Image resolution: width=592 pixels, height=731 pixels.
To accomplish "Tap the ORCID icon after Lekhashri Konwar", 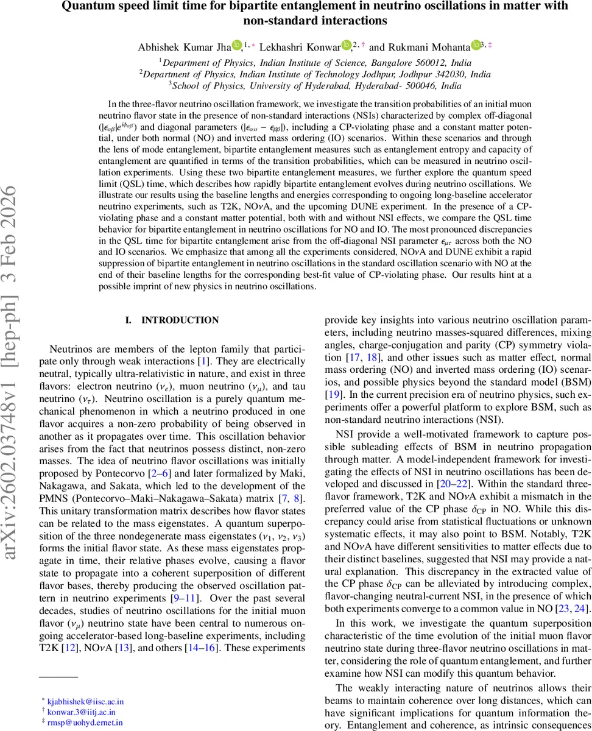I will click(346, 45).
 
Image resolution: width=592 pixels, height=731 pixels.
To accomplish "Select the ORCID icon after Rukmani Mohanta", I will click(475, 45).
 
